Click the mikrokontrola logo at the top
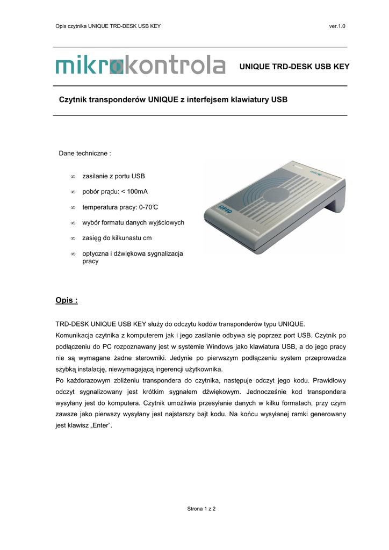pos(140,66)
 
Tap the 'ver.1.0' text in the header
pos(337,26)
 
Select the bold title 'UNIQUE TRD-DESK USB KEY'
pos(294,67)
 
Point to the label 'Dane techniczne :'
pos(84,154)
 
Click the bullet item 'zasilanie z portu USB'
pos(113,176)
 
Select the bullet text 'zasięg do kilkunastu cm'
pos(117,238)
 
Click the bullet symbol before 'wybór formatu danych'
pos(72,223)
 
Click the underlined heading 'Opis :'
pos(67,300)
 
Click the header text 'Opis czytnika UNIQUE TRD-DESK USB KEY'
pos(108,26)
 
